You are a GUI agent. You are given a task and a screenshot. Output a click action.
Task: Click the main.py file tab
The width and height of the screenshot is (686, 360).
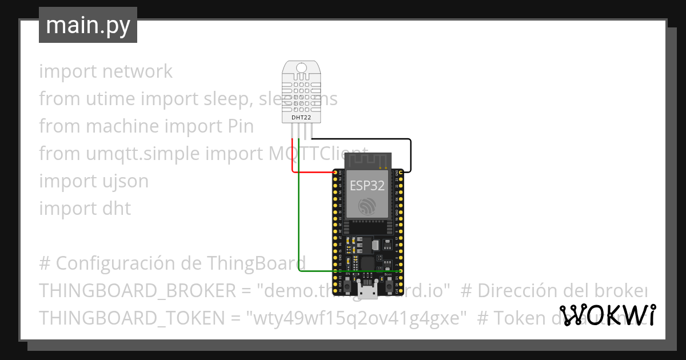pos(88,25)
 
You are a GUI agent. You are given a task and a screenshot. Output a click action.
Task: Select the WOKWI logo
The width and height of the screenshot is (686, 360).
pos(608,315)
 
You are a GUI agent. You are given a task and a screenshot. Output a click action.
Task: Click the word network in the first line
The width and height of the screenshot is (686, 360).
pos(138,71)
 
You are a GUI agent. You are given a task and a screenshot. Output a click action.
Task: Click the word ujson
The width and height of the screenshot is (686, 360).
pos(121,181)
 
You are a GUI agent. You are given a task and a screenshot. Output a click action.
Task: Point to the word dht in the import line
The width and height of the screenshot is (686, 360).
pos(117,209)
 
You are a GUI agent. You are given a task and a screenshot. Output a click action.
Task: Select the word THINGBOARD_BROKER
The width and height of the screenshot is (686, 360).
pos(137,291)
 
